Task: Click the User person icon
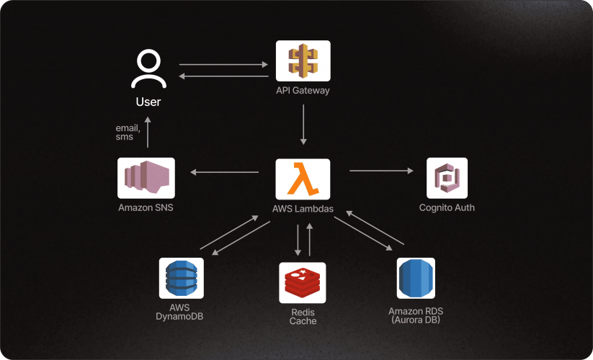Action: point(148,69)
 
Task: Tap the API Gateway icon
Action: point(303,60)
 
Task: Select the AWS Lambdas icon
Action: point(303,179)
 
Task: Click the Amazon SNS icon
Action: point(146,178)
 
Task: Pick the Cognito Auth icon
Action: point(447,178)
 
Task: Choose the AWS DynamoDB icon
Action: point(181,278)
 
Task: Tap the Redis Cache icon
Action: point(303,282)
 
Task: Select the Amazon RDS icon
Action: point(416,278)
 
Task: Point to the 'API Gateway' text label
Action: point(303,91)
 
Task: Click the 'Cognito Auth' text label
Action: point(447,208)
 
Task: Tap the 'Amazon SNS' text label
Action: point(146,208)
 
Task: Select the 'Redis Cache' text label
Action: point(303,317)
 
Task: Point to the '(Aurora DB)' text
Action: point(416,319)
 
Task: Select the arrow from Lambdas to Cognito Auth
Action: point(382,171)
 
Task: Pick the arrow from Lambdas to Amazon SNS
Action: point(224,172)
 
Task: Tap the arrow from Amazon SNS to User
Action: point(148,132)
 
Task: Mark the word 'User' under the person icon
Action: point(148,102)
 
